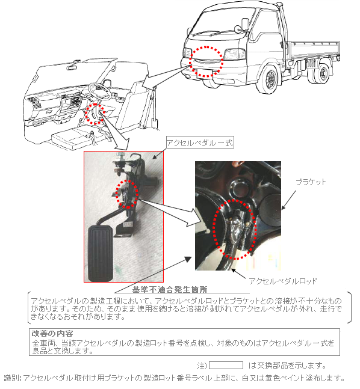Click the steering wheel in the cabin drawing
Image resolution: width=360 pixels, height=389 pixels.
(99, 91)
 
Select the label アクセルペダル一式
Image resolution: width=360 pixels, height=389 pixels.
(200, 142)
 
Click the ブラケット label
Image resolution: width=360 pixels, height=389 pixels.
(311, 182)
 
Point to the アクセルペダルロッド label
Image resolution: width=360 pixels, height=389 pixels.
(283, 281)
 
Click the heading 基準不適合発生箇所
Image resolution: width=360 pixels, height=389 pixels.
(170, 290)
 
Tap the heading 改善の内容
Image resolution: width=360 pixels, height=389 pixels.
(52, 333)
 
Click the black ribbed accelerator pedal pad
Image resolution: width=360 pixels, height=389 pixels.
(101, 253)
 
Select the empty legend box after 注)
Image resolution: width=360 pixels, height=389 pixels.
(226, 365)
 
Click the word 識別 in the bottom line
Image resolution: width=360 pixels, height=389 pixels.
(12, 378)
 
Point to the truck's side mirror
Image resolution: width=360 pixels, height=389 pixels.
(245, 24)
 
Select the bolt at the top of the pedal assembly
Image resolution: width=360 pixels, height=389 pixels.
(121, 156)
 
